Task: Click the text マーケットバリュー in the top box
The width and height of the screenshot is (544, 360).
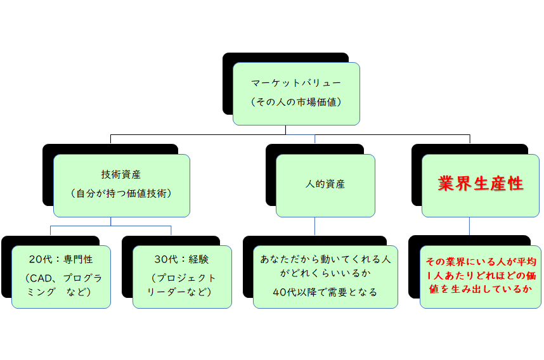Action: (x=296, y=83)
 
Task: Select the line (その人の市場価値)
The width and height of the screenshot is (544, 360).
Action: (x=296, y=101)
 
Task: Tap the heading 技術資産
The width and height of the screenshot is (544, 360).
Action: (x=121, y=174)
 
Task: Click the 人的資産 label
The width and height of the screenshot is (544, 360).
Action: (x=325, y=184)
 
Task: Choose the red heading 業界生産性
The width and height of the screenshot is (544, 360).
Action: (x=481, y=184)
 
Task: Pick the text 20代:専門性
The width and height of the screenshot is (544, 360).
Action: (x=61, y=259)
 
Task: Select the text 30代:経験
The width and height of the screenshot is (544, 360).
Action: (x=181, y=259)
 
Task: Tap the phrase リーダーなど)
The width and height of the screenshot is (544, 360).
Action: (x=181, y=292)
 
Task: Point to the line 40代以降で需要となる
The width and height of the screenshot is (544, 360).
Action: (x=325, y=292)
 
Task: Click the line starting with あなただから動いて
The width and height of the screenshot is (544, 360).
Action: (x=325, y=259)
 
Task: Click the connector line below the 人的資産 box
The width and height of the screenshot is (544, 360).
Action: (x=315, y=226)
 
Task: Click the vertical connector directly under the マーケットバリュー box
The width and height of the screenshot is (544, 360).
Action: (x=285, y=129)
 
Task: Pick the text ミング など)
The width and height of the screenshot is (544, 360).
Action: (x=61, y=292)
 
